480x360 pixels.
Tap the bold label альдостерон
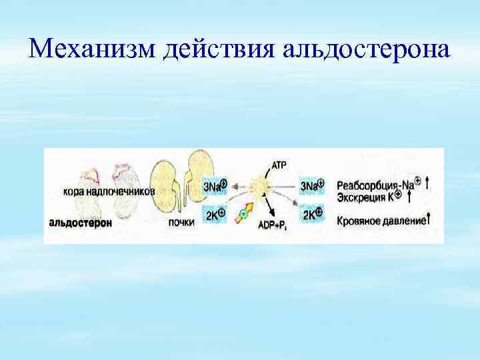(x=80, y=223)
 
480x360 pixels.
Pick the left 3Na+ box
(x=215, y=186)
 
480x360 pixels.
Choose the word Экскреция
(x=361, y=197)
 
